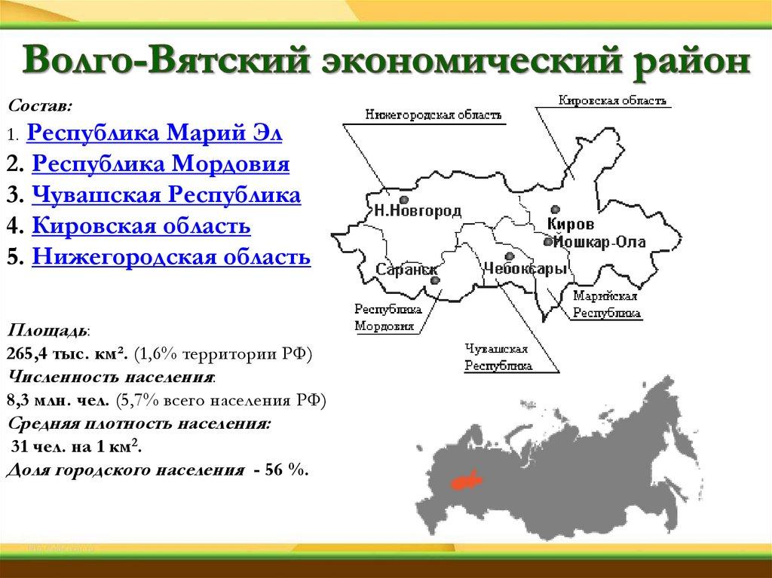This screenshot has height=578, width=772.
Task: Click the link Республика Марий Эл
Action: pos(154,133)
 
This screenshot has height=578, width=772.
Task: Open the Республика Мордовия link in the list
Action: pos(161,164)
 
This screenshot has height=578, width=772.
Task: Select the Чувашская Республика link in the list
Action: pos(167,195)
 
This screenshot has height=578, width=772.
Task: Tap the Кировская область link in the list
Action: pos(141,226)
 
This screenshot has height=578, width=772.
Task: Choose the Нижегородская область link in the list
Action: pos(171,257)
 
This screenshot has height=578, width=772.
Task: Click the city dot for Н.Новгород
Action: pos(404,200)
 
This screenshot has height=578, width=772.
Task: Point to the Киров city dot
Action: pos(556,209)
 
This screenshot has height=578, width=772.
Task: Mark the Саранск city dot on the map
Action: pos(435,280)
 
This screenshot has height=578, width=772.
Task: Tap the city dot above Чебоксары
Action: pos(510,256)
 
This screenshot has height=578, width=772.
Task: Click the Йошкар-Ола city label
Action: pos(599,242)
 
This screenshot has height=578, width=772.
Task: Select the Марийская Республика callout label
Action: pos(607,304)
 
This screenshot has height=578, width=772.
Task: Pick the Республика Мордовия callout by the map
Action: pos(388,317)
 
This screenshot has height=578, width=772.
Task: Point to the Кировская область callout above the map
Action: pos(612,100)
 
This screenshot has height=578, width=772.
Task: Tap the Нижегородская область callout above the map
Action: pos(433,115)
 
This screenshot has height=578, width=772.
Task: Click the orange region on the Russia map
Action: pos(464,481)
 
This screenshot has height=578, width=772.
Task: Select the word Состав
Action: pos(41,106)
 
